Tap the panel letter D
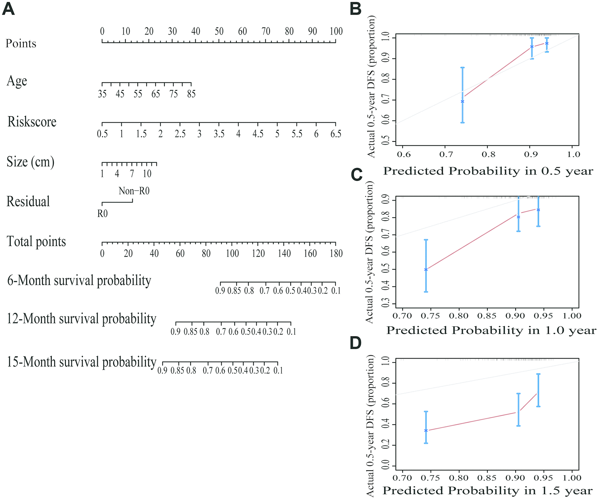pos(356,343)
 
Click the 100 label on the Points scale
pos(336,31)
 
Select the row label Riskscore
pos(32,122)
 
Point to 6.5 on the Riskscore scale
pos(336,134)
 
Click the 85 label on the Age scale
pos(191,94)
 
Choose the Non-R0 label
pos(134,191)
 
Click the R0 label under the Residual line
pos(102,214)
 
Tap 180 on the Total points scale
pos(336,254)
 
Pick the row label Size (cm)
pos(31,162)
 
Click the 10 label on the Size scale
pos(147,174)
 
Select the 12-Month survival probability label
pos(81,319)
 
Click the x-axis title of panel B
pos(488,171)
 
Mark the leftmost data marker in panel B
pos(462,101)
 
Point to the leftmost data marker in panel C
pos(426,270)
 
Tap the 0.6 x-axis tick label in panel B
pos(404,154)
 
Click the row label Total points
pos(36,241)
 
